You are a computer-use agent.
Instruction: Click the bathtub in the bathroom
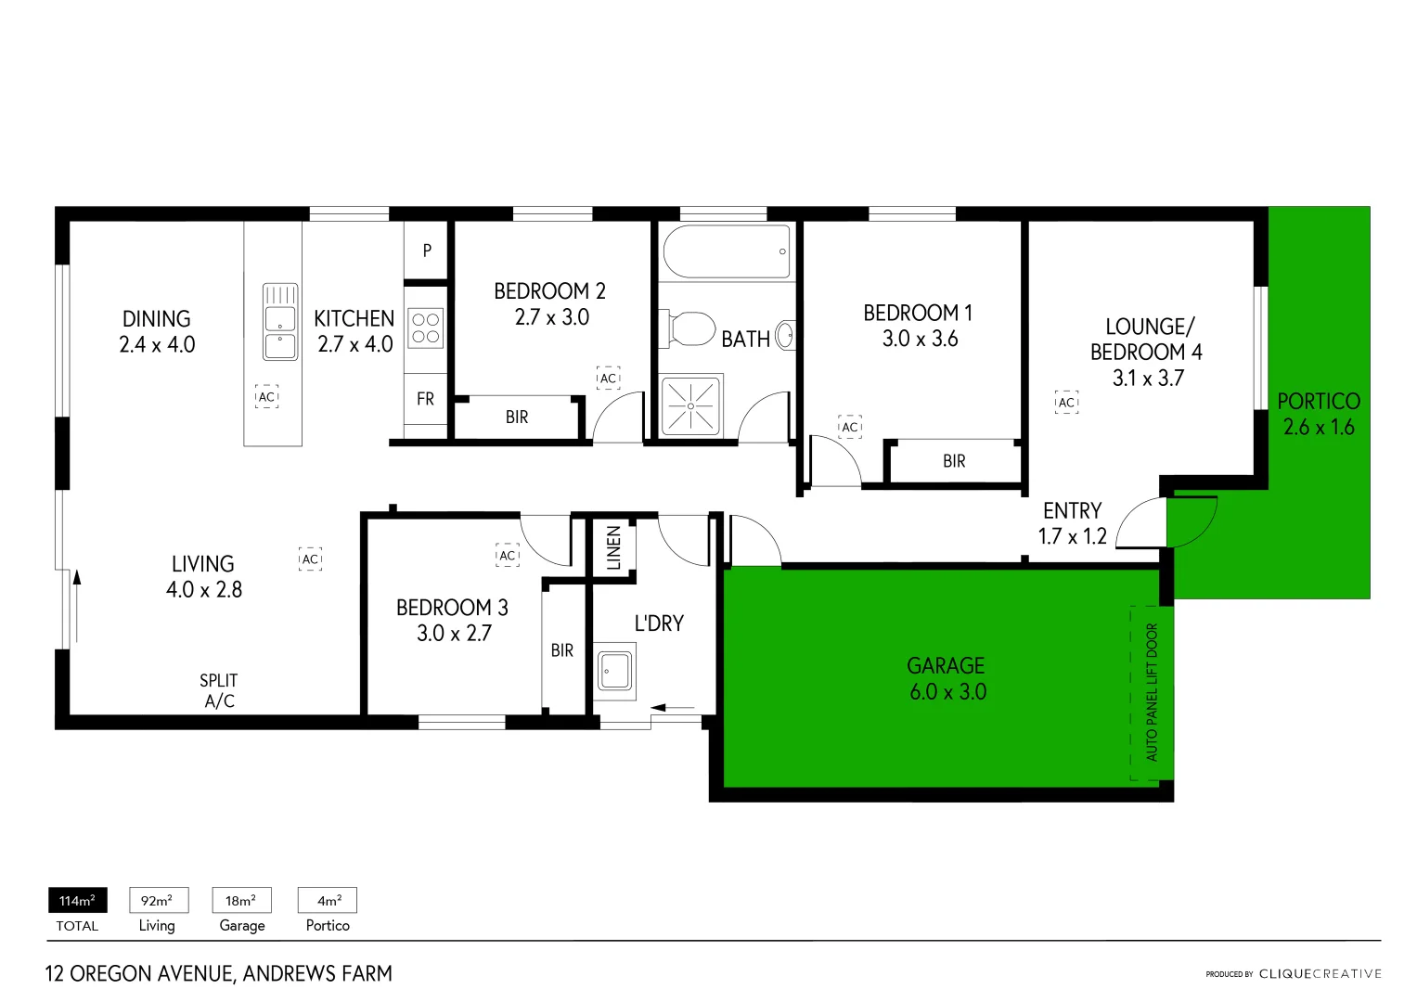727,251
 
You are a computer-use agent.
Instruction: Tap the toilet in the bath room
689,328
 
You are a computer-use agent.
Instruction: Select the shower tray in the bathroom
690,405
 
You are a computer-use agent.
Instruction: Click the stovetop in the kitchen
426,328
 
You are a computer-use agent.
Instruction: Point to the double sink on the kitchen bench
280,321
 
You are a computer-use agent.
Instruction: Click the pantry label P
427,250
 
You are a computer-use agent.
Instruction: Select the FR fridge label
425,399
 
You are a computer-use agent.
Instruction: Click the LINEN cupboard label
613,547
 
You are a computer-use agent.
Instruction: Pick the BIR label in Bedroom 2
517,417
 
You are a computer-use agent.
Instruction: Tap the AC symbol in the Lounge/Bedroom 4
1066,402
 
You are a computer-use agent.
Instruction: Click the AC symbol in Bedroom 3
507,556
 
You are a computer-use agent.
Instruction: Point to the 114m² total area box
77,901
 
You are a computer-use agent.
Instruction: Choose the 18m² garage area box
241,901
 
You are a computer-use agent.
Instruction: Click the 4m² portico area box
328,901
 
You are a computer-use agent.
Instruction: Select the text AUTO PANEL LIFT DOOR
1152,692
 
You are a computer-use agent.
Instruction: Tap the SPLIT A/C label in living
219,691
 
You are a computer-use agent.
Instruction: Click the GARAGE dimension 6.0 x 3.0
947,692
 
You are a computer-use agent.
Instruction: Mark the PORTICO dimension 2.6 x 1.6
1319,428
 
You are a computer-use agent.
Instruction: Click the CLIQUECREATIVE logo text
1320,974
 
